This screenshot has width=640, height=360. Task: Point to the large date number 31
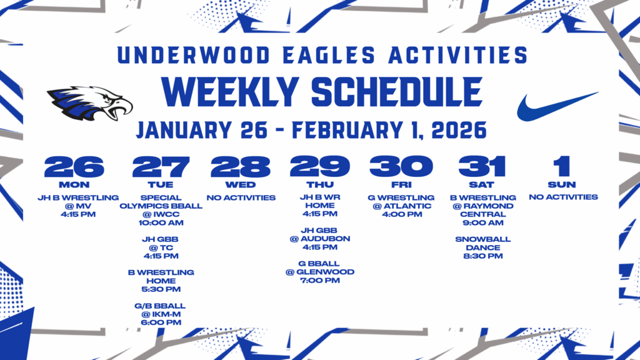(x=481, y=167)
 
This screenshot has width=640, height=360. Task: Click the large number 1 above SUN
(x=562, y=167)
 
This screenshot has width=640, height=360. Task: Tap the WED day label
(x=241, y=184)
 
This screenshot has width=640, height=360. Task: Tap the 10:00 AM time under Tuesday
(x=161, y=222)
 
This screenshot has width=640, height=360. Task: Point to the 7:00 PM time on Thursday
(x=319, y=280)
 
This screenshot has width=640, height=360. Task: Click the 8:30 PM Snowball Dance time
(x=482, y=256)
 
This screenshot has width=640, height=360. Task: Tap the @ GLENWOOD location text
(x=319, y=272)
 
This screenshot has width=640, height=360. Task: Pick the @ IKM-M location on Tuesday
(x=161, y=314)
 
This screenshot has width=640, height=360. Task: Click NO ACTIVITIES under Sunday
(x=563, y=197)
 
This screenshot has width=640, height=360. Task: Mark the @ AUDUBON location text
(x=319, y=239)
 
